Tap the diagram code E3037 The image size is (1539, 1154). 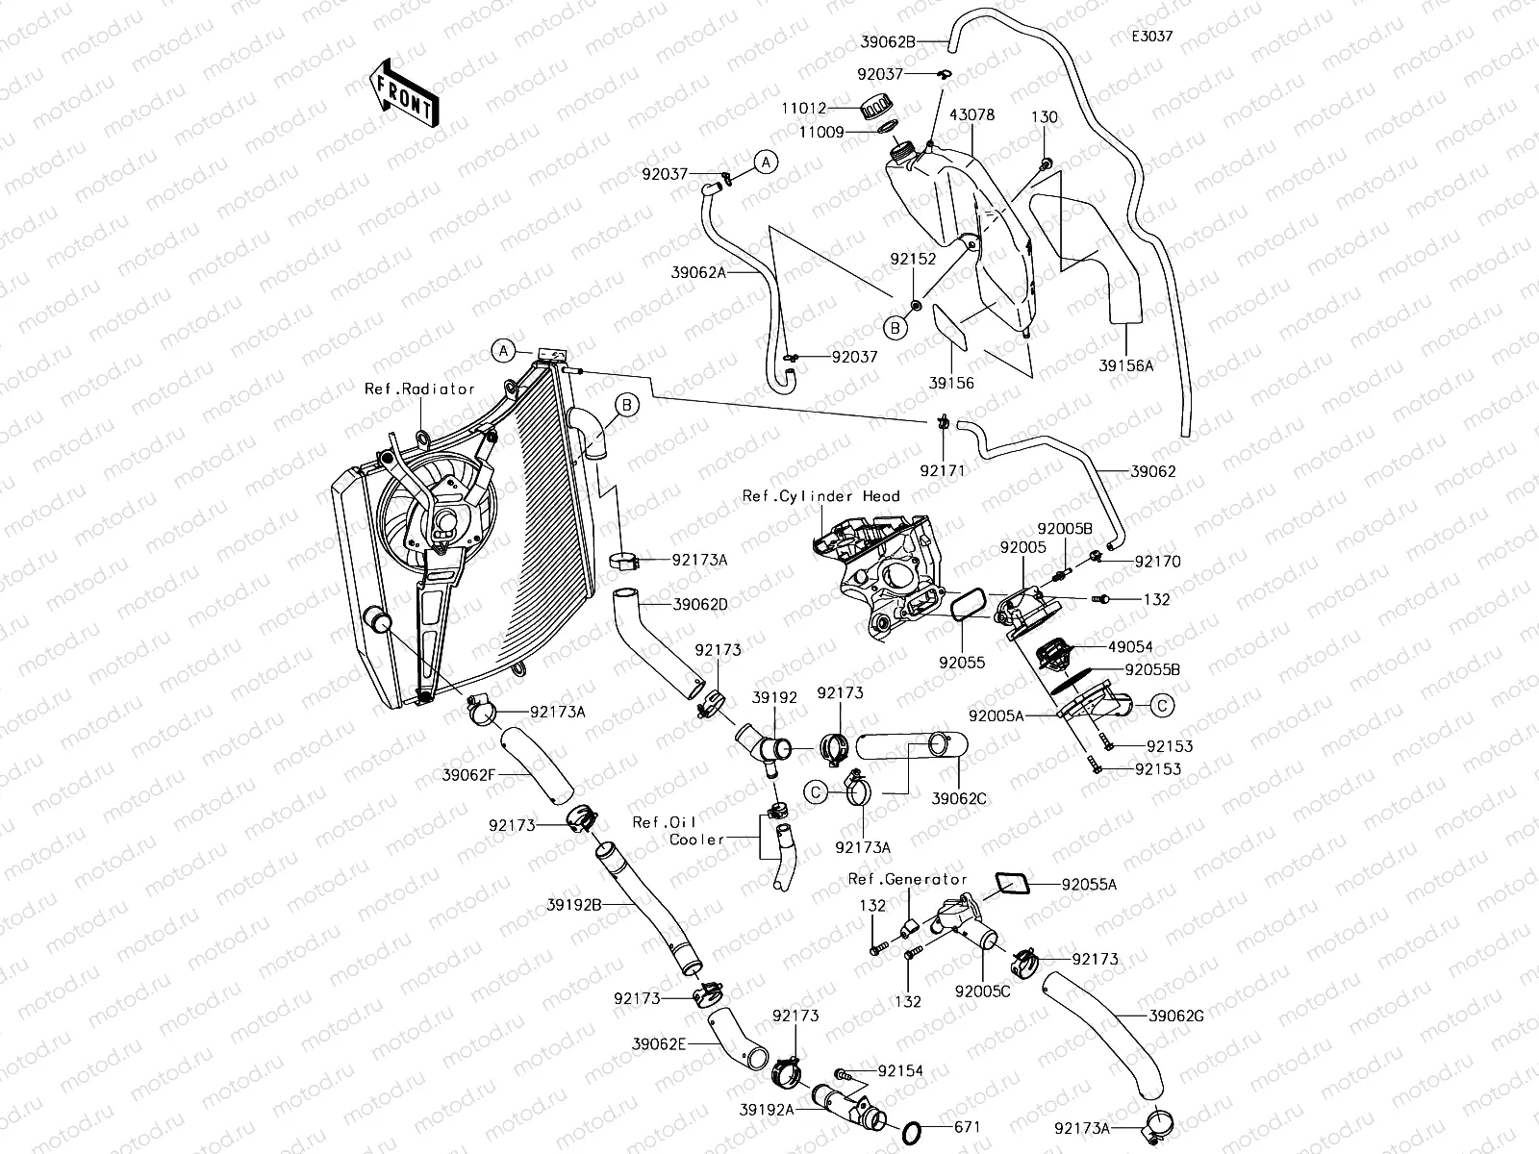(x=1151, y=38)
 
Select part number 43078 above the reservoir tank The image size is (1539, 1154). (x=971, y=115)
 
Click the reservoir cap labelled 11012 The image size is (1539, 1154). (x=877, y=107)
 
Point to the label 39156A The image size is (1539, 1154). (x=1125, y=365)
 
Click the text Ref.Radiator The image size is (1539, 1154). (x=419, y=389)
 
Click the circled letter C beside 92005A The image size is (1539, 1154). (x=1162, y=706)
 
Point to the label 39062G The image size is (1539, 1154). (x=1176, y=1016)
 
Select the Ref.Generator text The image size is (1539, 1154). (x=907, y=879)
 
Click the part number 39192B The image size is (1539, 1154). (x=574, y=905)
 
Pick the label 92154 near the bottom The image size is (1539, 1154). (x=900, y=1070)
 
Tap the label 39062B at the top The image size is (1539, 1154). (x=888, y=41)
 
